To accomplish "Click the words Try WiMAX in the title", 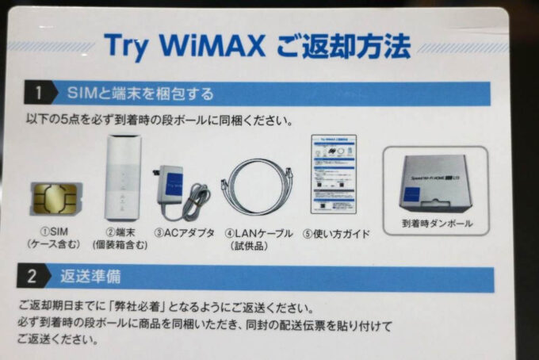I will (182, 46).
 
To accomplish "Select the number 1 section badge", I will (38, 94).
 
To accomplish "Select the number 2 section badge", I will (32, 277).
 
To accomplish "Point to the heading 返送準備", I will (91, 278).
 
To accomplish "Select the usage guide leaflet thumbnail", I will (334, 174).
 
